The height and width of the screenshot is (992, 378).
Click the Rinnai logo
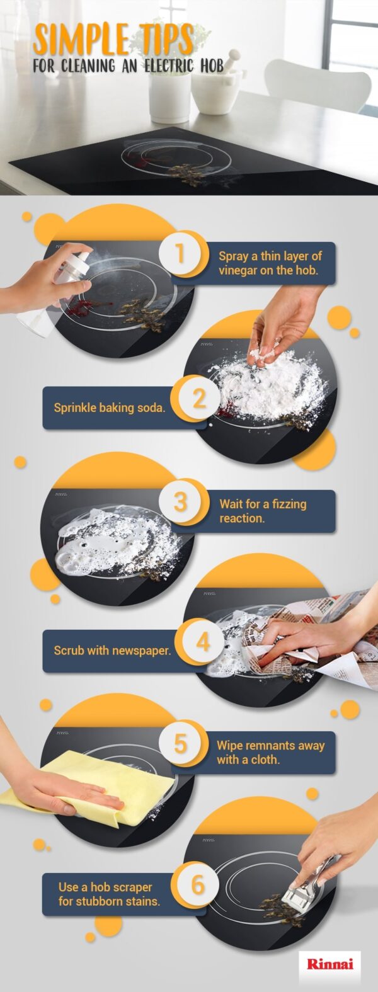click(x=329, y=964)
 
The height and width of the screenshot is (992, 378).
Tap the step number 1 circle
click(x=180, y=254)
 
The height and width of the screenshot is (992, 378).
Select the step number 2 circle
click(x=198, y=399)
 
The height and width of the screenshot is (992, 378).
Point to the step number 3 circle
click(x=180, y=502)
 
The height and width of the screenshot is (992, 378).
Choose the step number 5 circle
click(x=180, y=743)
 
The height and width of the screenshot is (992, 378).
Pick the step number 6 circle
click(x=198, y=884)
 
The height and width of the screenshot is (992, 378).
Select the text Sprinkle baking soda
click(x=109, y=408)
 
